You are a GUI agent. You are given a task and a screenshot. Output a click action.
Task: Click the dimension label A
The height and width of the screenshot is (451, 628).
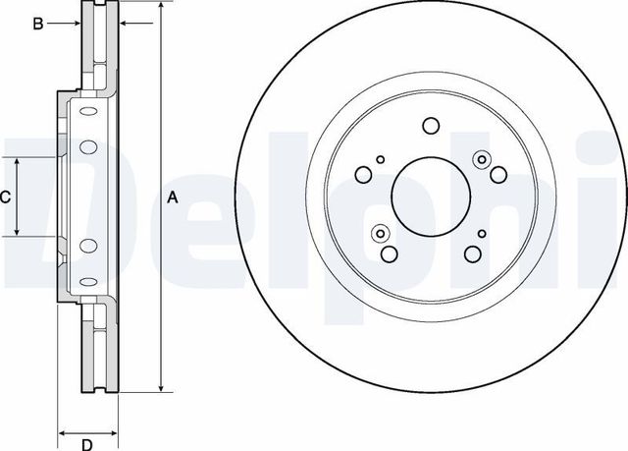pyautogui.click(x=173, y=197)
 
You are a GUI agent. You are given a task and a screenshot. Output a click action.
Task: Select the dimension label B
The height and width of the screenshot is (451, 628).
pyautogui.click(x=38, y=24)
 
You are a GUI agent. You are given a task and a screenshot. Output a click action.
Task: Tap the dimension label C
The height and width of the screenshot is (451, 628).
pyautogui.click(x=5, y=197)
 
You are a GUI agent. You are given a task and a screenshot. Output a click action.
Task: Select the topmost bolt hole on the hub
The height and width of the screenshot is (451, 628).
pyautogui.click(x=431, y=125)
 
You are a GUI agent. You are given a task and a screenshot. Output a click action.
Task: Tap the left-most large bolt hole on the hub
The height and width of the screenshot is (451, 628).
pyautogui.click(x=363, y=175)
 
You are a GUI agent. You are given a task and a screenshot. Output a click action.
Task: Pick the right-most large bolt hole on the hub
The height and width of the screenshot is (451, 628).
pyautogui.click(x=498, y=175)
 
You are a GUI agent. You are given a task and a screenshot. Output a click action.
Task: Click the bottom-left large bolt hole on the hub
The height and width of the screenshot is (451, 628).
pyautogui.click(x=390, y=255)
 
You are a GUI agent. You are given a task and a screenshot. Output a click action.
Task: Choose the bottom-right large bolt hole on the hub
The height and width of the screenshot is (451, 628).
pyautogui.click(x=472, y=255)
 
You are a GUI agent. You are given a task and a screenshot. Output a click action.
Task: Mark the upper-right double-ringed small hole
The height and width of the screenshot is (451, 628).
pyautogui.click(x=481, y=158)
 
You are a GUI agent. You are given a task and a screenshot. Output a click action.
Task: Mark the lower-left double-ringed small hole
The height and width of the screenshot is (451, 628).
pyautogui.click(x=381, y=233)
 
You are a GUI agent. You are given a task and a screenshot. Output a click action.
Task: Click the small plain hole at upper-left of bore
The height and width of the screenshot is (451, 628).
pyautogui.click(x=381, y=158)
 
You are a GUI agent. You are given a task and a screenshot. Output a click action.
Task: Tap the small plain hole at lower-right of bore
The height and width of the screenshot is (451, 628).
pyautogui.click(x=482, y=233)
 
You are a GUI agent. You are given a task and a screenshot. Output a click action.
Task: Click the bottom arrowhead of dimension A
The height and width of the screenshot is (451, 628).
pyautogui.click(x=159, y=389)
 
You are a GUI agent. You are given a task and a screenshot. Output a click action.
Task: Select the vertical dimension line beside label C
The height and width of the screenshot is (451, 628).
pyautogui.click(x=19, y=197)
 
